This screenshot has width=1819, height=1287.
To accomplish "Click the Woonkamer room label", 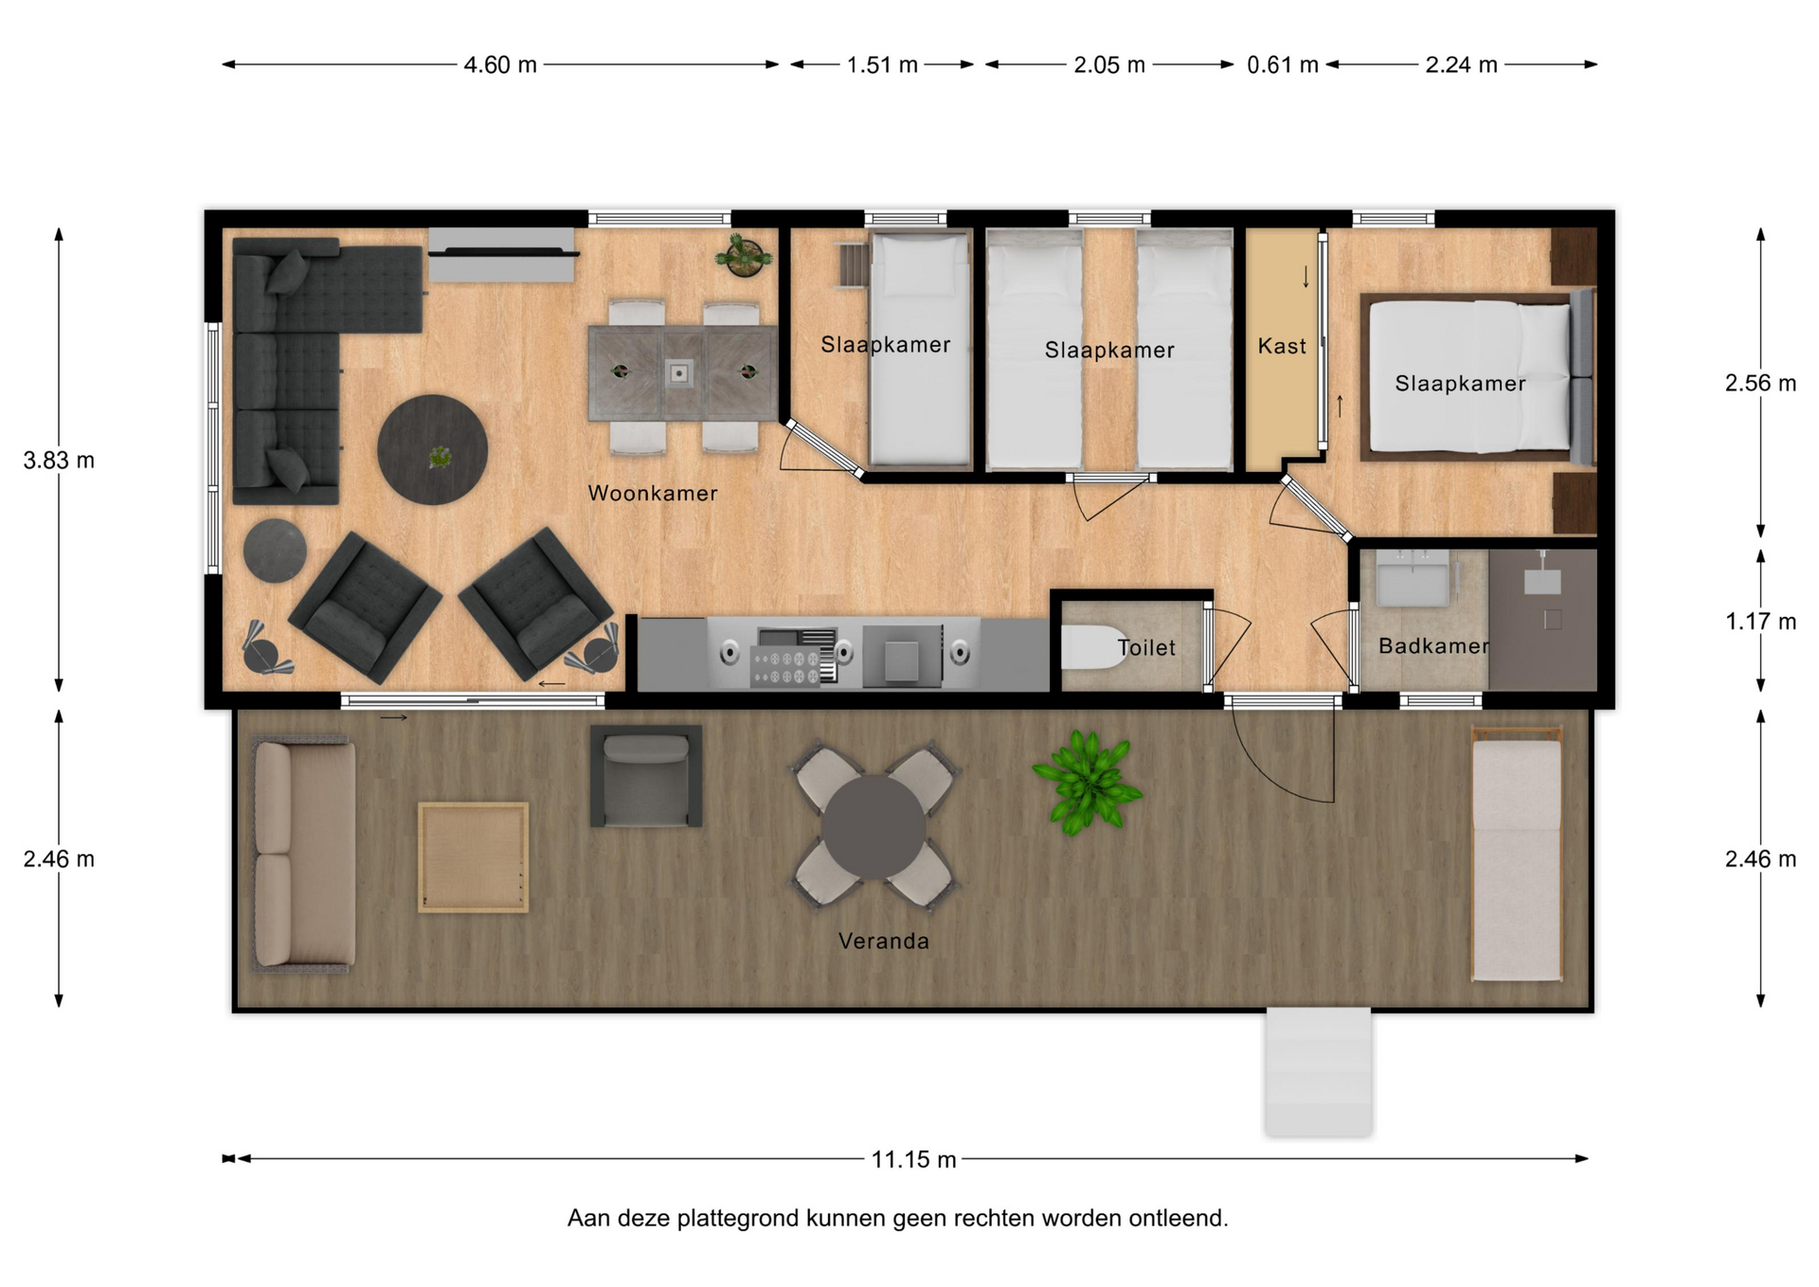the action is [652, 493].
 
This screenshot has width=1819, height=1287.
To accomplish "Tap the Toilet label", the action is [1146, 647].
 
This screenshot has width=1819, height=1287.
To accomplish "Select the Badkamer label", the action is [1433, 646].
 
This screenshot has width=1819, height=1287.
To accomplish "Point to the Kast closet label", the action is [1282, 346].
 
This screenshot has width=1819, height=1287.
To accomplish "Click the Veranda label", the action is [883, 941].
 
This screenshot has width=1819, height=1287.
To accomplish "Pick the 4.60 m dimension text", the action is [500, 64].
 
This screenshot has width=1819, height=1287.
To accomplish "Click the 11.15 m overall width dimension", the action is [913, 1159].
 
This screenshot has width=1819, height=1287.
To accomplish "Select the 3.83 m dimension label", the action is [59, 461].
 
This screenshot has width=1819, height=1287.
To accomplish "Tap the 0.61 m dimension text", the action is [1282, 64].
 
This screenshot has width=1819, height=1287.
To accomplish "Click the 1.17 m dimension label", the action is [1760, 622].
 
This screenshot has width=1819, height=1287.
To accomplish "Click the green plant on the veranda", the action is [1088, 782].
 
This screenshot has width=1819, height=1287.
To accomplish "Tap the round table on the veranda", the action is [873, 827].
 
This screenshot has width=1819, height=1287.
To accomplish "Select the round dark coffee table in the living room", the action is [432, 449].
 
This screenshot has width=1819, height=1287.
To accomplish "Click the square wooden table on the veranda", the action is [473, 858].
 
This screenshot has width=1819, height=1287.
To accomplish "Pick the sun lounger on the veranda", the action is [1516, 854].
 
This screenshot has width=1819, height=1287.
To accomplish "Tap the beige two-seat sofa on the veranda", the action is [303, 856].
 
